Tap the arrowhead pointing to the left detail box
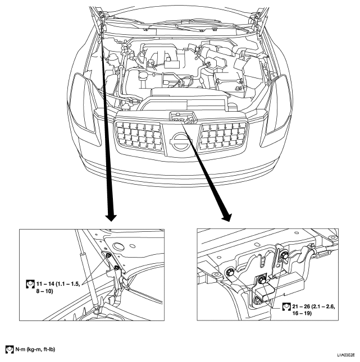pos(111,217)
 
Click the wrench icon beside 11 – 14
pos(30,284)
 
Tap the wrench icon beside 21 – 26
pos(286,306)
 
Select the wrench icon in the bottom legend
pos(10,349)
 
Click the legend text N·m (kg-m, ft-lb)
pos(35,349)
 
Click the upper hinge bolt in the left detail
pos(108,255)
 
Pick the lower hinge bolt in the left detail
pos(117,267)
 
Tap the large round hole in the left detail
pos(119,246)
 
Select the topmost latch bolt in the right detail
pos(284,255)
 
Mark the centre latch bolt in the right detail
pos(262,280)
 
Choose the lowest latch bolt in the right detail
pos(257,300)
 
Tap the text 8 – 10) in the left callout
pos(44,291)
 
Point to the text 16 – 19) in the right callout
pos(302,313)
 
